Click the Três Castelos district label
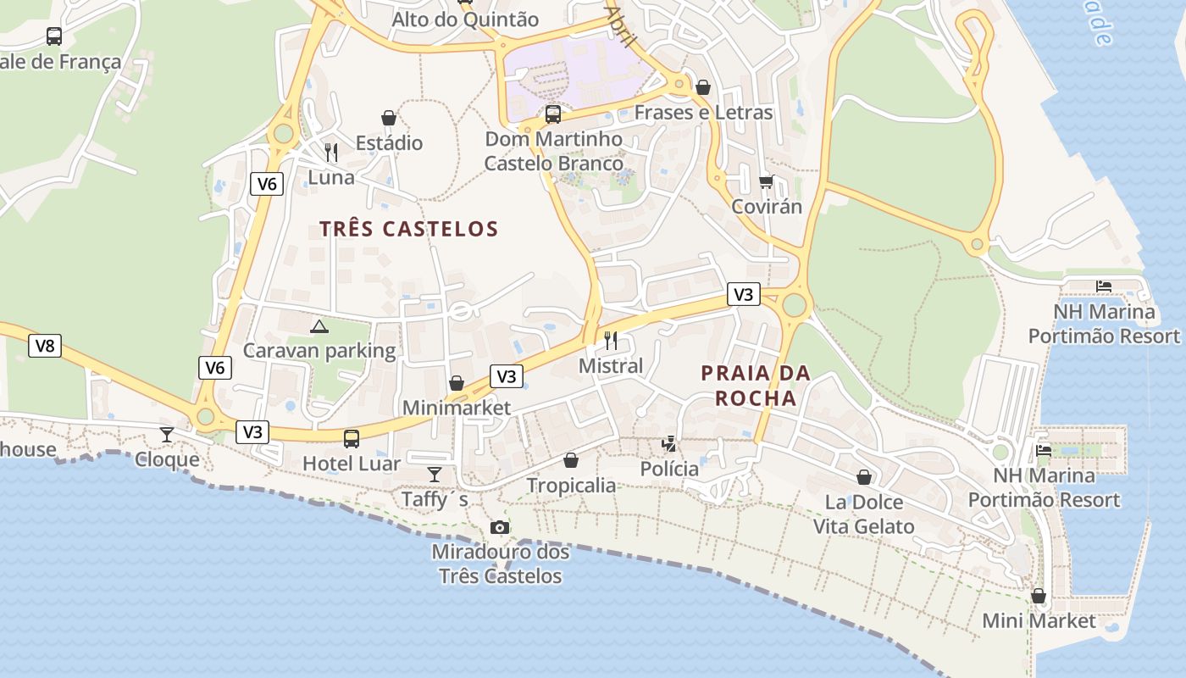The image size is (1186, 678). point(409,229)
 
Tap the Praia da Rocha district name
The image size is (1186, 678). point(756,386)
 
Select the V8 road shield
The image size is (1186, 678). point(45,346)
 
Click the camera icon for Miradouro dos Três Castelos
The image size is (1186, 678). point(500,528)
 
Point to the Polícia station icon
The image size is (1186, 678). point(669,444)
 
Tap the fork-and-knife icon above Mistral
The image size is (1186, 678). point(611,341)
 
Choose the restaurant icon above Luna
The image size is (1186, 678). point(331,153)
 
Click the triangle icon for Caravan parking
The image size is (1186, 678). point(319,327)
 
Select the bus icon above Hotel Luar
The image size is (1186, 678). point(352,439)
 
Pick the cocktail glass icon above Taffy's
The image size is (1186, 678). point(435,475)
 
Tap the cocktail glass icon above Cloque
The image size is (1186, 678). point(167,435)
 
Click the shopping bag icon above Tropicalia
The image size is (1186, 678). point(571,460)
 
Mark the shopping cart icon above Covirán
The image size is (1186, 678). point(767,181)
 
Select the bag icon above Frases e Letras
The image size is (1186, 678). point(702,87)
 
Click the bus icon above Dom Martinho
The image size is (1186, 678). point(553,114)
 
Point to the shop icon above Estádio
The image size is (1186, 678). point(389,118)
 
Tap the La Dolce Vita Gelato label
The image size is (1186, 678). point(864,514)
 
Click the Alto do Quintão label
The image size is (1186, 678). point(465,19)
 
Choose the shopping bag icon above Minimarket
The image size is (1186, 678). point(457,383)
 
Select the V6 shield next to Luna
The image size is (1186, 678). point(266,184)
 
